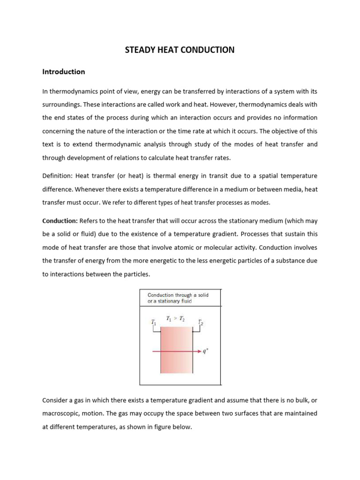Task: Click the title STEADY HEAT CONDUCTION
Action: [180, 49]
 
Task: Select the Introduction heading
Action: [64, 72]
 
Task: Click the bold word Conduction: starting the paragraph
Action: [60, 220]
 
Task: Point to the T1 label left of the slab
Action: [153, 323]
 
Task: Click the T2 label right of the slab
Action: [200, 322]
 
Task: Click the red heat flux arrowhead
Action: [200, 351]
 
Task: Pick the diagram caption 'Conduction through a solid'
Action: [178, 295]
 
